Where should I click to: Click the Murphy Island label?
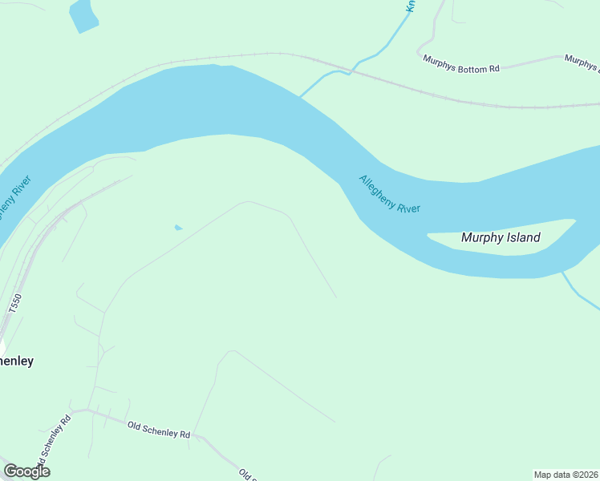point(501,237)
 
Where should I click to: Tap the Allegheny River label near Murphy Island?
point(390,194)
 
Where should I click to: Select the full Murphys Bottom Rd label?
point(461,68)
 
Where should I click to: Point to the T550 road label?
point(14,304)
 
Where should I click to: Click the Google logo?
point(26,471)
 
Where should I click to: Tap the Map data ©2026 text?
point(566,475)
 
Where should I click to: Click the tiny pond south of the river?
point(178,228)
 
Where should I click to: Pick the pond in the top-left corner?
point(83,15)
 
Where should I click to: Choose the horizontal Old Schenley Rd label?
point(159,429)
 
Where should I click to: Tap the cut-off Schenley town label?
point(16,361)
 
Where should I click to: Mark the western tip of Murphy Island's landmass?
point(429,236)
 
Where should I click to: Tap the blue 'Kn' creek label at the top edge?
point(410,5)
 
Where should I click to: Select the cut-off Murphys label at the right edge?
point(582,59)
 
